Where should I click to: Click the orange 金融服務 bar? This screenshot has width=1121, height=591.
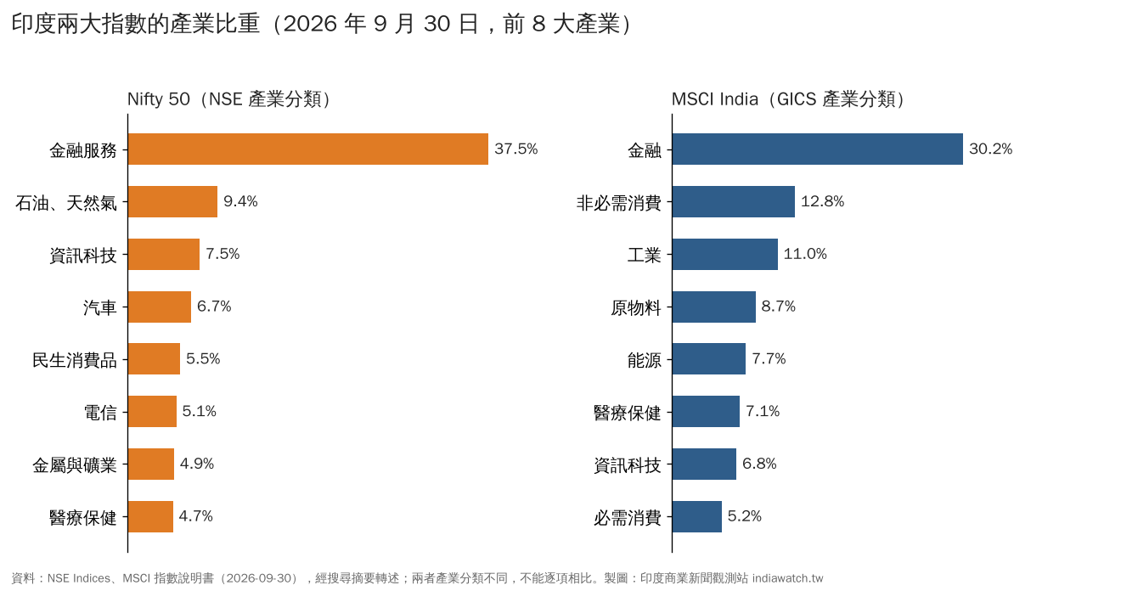point(307,149)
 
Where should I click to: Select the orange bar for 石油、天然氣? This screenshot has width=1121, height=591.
point(172,202)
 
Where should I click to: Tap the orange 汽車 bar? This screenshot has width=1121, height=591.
point(160,307)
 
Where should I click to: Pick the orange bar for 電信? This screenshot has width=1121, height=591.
point(152,411)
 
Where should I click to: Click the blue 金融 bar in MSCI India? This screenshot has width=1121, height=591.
point(818,149)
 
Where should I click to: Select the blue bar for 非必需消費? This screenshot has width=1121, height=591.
point(734,202)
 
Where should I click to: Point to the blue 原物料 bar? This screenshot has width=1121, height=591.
point(714,307)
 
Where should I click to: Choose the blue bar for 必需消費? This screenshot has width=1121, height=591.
point(697,516)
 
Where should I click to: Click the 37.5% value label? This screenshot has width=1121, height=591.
point(516,149)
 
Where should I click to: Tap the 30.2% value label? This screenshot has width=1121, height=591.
point(990,149)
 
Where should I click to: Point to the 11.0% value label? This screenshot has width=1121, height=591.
point(805,254)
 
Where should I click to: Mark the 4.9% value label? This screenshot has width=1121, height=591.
point(197,464)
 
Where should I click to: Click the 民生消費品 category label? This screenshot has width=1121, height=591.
point(75,360)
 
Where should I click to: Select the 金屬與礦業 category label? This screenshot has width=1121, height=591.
point(75,464)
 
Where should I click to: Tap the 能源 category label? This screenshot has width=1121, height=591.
point(644,360)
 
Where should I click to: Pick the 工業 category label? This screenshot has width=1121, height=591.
point(644,256)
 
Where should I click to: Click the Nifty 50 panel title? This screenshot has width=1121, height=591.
point(228,99)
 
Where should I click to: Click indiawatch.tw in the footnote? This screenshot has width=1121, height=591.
point(787,578)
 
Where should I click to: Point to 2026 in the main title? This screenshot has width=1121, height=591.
point(310,24)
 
